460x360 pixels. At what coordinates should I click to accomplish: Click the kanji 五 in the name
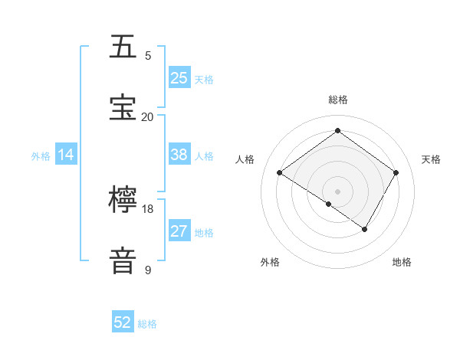click(x=123, y=47)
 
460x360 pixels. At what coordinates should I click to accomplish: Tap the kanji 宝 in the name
click(x=123, y=108)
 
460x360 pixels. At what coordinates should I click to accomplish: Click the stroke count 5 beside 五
click(x=148, y=56)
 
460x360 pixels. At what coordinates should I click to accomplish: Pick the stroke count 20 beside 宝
click(x=148, y=116)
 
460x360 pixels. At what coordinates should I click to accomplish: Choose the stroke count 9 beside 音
click(x=148, y=270)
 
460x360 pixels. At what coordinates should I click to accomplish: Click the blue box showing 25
click(x=179, y=77)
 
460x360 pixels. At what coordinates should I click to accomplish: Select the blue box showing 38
click(x=179, y=155)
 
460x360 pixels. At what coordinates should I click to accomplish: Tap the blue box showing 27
click(x=179, y=231)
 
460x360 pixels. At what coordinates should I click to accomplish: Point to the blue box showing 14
click(x=66, y=155)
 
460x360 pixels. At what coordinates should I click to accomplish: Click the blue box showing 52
click(x=123, y=322)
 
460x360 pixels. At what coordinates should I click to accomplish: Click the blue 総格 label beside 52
click(x=147, y=324)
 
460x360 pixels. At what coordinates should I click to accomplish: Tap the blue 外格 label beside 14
click(x=41, y=156)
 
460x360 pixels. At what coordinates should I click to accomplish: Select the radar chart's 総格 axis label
click(x=338, y=100)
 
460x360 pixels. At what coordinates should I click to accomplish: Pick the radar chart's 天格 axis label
click(x=431, y=159)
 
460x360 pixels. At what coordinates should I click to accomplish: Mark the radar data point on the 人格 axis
click(x=280, y=172)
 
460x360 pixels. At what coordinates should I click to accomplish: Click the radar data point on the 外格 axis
click(x=329, y=204)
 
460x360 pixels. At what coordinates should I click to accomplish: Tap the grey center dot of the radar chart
click(x=338, y=191)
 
